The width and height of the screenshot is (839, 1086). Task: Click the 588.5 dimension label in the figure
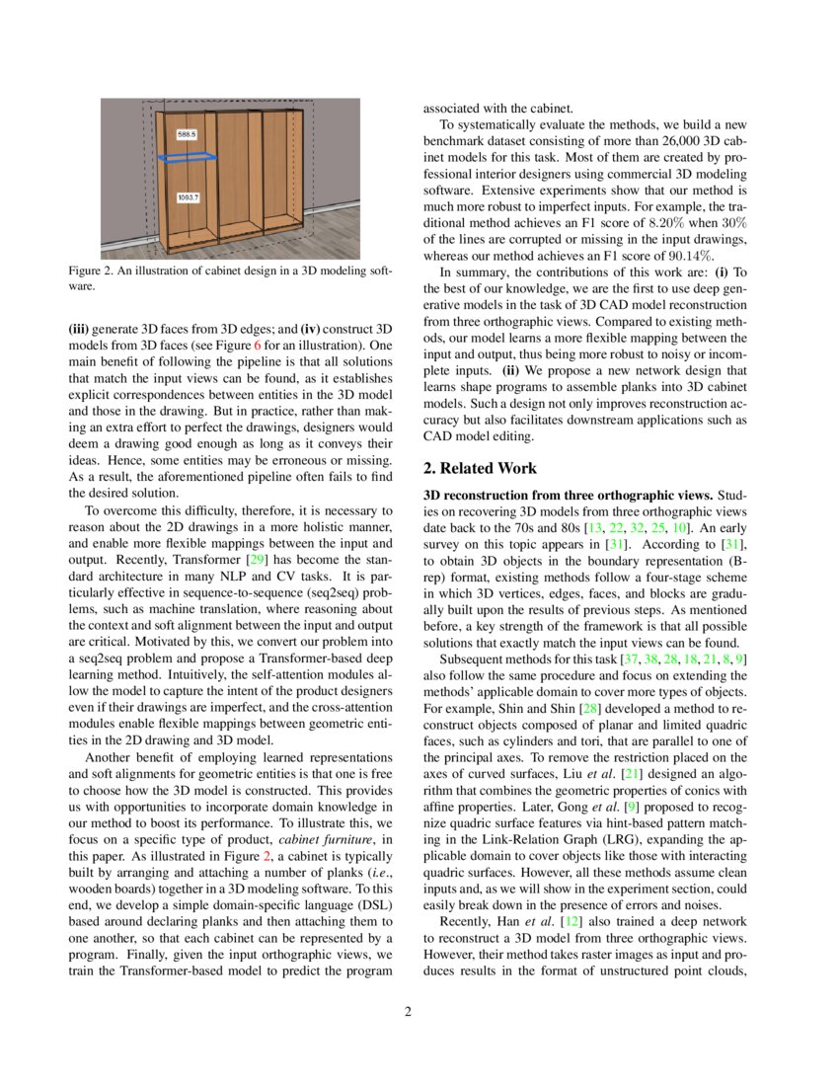click(x=187, y=132)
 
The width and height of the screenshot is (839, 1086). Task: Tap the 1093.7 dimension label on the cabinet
click(x=188, y=198)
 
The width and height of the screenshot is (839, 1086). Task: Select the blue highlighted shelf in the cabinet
click(x=189, y=157)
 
